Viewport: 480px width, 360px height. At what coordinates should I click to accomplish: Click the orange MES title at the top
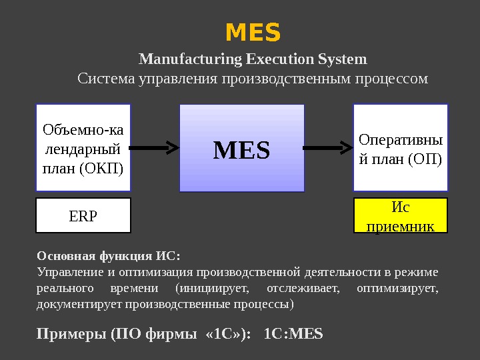(253, 31)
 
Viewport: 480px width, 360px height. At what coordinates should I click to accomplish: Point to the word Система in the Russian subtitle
(105, 79)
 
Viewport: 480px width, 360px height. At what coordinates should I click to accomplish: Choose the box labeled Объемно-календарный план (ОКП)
(83, 147)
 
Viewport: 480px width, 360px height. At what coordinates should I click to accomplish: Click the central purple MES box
(241, 151)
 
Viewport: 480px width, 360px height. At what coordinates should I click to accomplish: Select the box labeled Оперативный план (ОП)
(400, 149)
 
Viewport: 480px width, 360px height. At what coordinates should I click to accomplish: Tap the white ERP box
(83, 215)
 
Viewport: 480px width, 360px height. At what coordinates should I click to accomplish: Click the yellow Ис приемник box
(400, 215)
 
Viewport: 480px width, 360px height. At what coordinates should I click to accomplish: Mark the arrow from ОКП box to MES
(155, 146)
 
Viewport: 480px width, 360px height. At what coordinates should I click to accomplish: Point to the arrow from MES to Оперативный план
(328, 146)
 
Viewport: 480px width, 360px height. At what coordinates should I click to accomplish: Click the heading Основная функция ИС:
(109, 255)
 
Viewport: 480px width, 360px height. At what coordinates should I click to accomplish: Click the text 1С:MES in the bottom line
(293, 333)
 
